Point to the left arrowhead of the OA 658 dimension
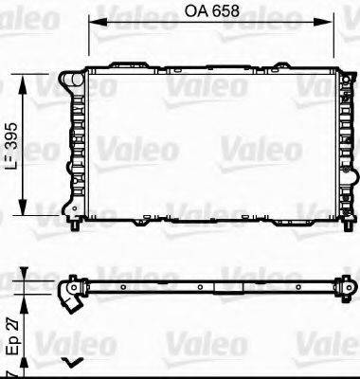pos(92,26)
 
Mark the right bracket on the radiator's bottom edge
pos(284,197)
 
